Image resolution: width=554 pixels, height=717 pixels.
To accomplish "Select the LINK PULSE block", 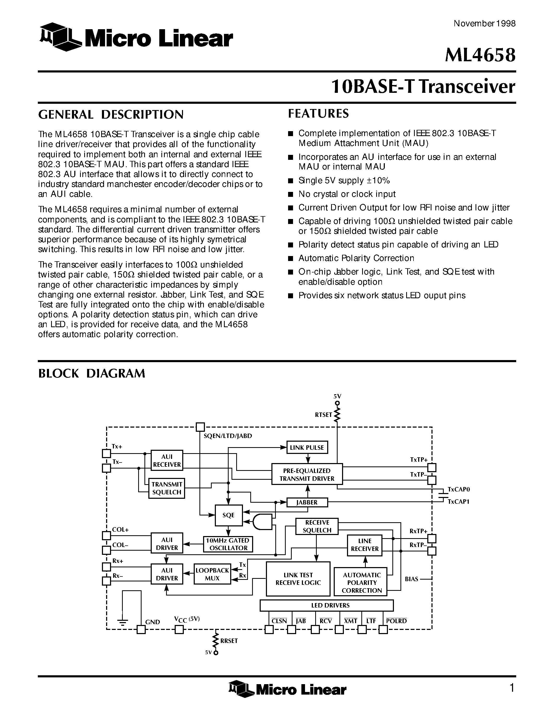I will click(307, 447).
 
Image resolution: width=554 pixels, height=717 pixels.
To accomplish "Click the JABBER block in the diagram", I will click(307, 503).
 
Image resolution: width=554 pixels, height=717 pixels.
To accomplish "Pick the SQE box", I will click(228, 515).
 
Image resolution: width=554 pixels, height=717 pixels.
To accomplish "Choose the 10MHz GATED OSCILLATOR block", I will click(228, 544).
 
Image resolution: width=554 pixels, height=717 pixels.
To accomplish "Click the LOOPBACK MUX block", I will click(212, 574).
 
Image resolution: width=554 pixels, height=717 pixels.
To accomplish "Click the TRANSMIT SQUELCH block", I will click(167, 488).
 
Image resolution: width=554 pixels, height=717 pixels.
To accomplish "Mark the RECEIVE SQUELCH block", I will click(317, 526).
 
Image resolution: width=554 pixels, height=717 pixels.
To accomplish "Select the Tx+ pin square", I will click(106, 453).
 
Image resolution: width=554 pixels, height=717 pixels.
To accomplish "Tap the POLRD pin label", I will click(396, 621).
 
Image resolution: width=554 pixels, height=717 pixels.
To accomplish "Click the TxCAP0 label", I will click(459, 489).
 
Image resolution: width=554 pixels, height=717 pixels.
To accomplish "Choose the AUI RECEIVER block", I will click(167, 460).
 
